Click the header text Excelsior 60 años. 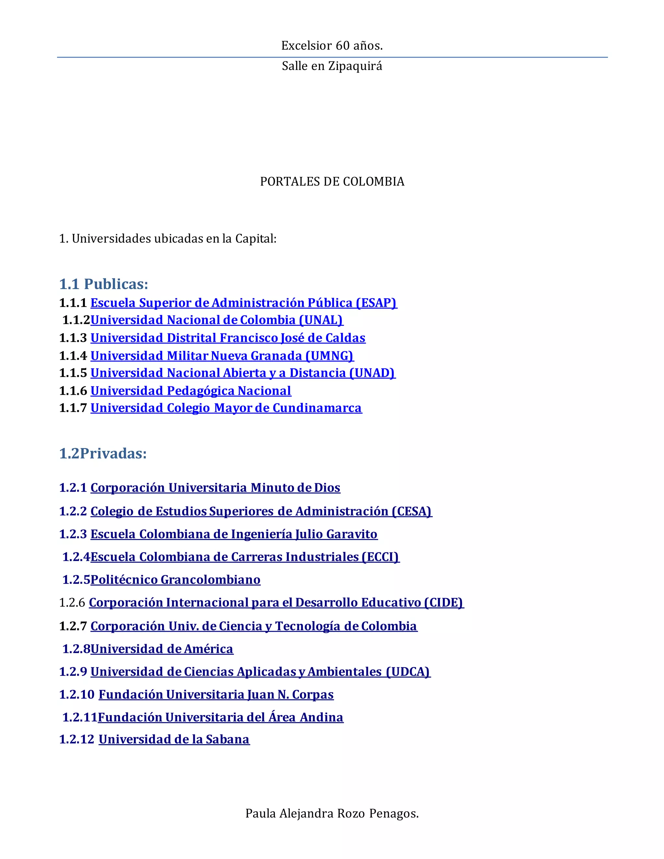coord(332,46)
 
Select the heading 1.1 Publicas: coord(103,284)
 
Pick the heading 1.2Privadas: coord(103,453)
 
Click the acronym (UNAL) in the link coord(321,320)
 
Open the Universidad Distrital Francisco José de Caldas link coord(228,338)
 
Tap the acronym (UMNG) coord(330,356)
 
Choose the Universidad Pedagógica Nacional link coord(191,391)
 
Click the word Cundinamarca coord(317,408)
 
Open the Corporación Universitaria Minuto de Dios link coord(215,488)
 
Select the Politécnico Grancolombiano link coord(175,580)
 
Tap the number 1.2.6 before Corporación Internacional coord(72,603)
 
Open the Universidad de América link coord(162,649)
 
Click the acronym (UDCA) coord(408,671)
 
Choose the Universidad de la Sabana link coord(174,739)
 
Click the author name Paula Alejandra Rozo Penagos coord(332,813)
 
